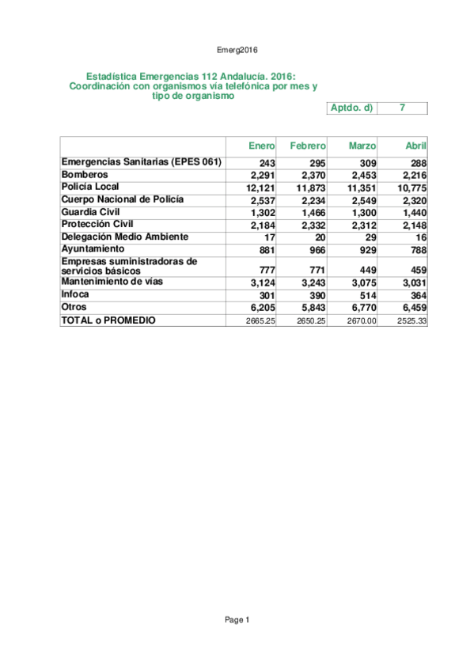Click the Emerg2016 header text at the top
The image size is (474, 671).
(x=237, y=49)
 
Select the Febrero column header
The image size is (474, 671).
(x=308, y=146)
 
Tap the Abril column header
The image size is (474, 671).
(x=415, y=146)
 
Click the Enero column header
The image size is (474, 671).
(x=262, y=146)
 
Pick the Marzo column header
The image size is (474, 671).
(x=362, y=146)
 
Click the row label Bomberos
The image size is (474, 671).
(x=85, y=174)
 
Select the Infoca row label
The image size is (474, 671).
(x=75, y=294)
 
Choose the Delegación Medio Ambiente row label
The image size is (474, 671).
(x=124, y=237)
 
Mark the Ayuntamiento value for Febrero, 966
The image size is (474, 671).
(x=313, y=250)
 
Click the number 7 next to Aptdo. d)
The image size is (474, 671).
(x=403, y=108)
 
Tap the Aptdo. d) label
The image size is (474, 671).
(x=351, y=108)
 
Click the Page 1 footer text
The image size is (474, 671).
(x=237, y=620)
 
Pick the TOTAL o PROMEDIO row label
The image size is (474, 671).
(x=108, y=320)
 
